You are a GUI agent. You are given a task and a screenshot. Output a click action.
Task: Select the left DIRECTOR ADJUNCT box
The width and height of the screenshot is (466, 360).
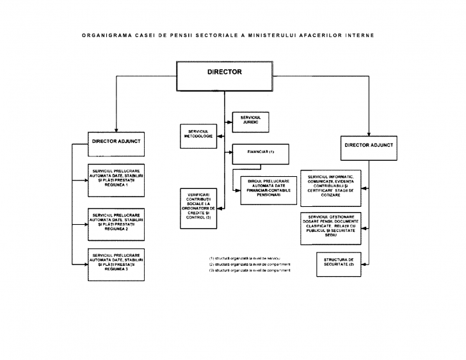click(116, 140)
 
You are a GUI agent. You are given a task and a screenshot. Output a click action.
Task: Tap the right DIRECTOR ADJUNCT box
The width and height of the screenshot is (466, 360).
click(369, 146)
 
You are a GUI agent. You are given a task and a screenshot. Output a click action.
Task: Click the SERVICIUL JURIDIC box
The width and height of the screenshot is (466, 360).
click(250, 120)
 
